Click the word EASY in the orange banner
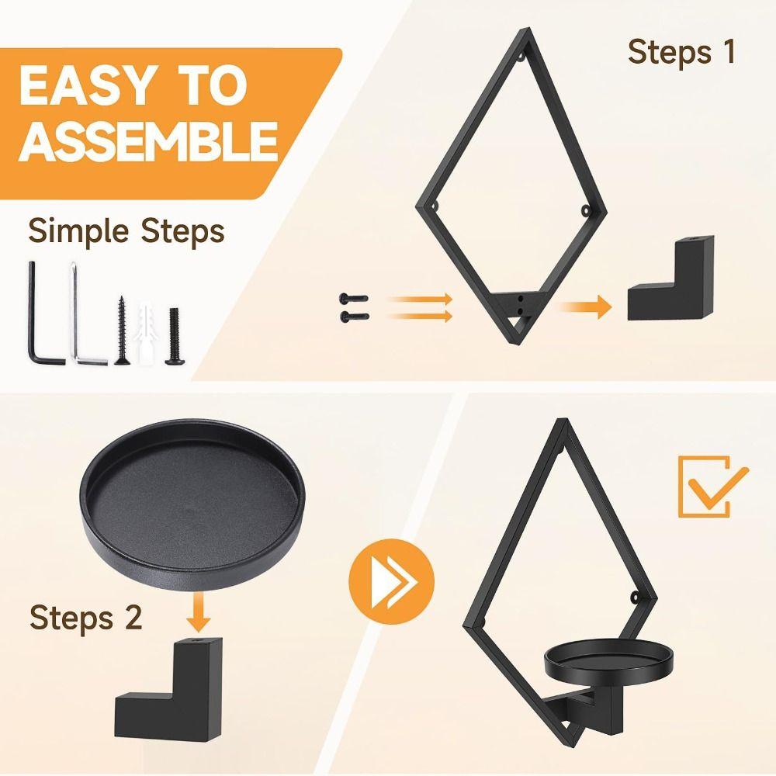point(85,87)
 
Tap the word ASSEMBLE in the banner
point(148,141)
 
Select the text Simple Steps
point(126,230)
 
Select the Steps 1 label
point(681,52)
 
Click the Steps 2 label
point(85,617)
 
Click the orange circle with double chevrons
point(391,581)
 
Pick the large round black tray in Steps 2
point(193,504)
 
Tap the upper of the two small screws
point(353,299)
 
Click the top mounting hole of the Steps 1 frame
point(521,57)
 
